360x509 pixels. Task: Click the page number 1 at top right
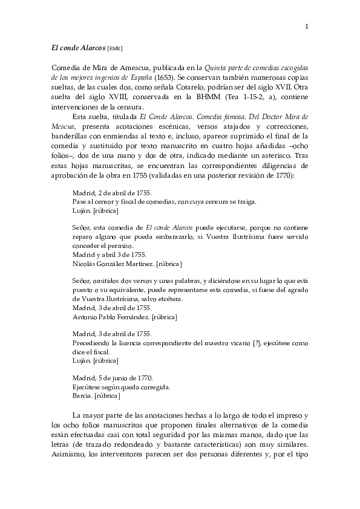(x=307, y=26)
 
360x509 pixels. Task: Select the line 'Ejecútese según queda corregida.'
(x=122, y=387)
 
